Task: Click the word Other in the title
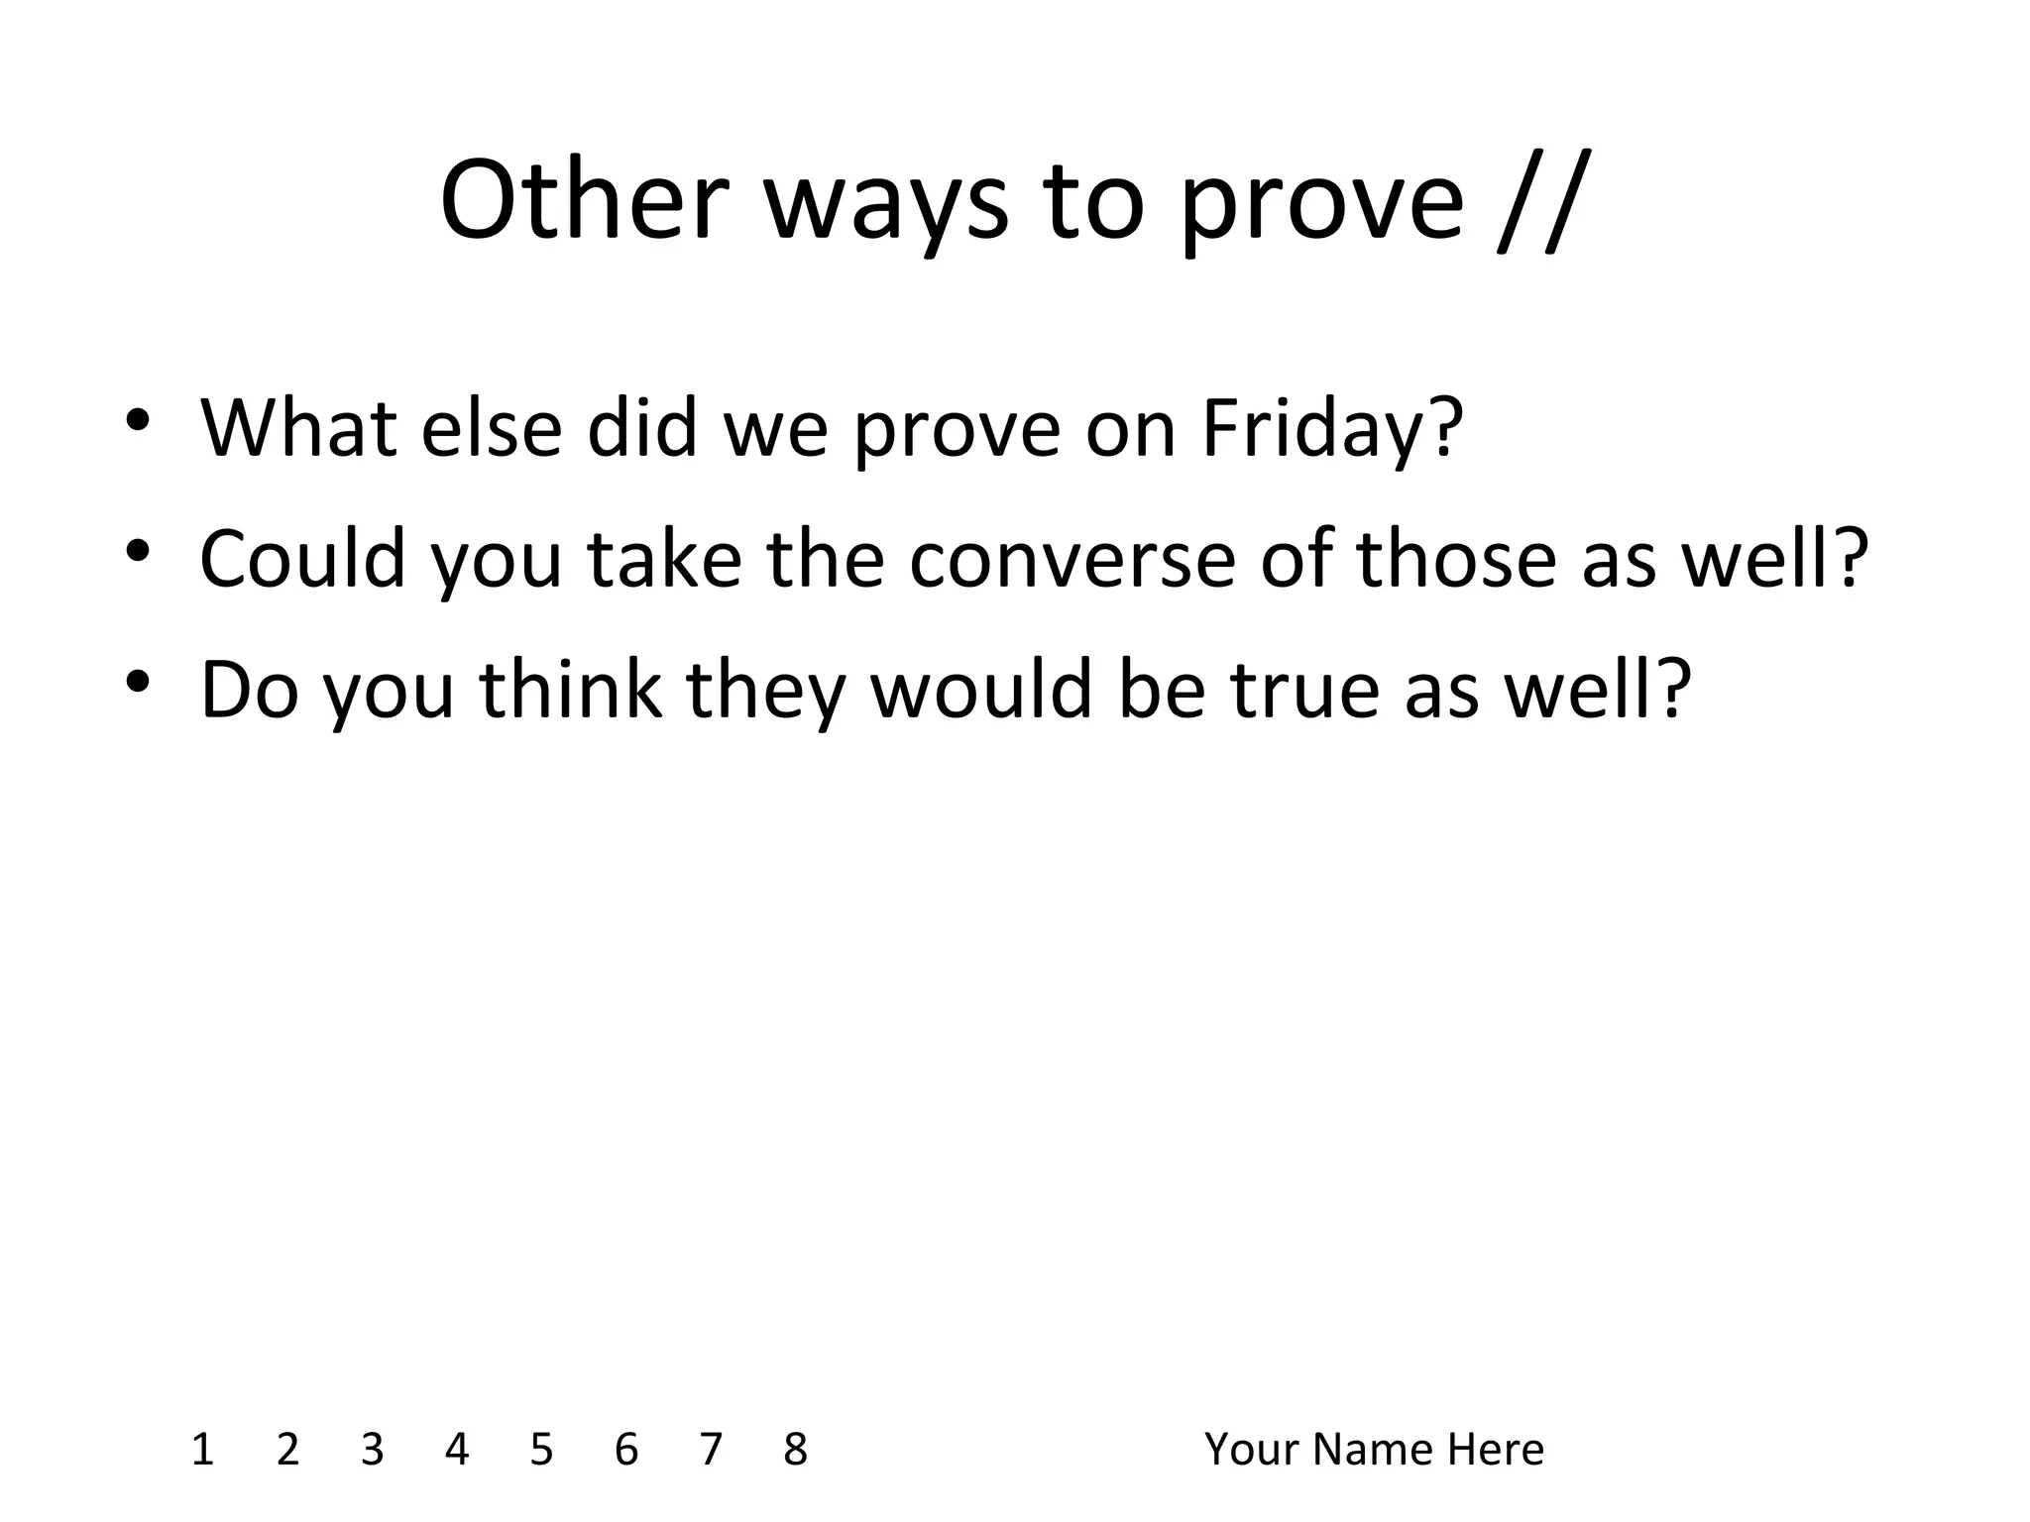tap(585, 201)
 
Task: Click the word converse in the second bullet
tap(1071, 559)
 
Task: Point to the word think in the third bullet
tap(571, 689)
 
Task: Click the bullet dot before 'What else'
tap(138, 420)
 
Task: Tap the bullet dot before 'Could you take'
tap(138, 550)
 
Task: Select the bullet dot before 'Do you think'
tap(138, 681)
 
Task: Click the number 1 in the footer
tap(202, 1450)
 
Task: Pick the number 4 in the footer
tap(457, 1450)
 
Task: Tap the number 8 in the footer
tap(795, 1450)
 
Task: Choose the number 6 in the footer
tap(626, 1450)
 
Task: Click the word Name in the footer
tap(1374, 1450)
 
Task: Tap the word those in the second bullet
tap(1456, 559)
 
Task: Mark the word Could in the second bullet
tap(303, 559)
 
